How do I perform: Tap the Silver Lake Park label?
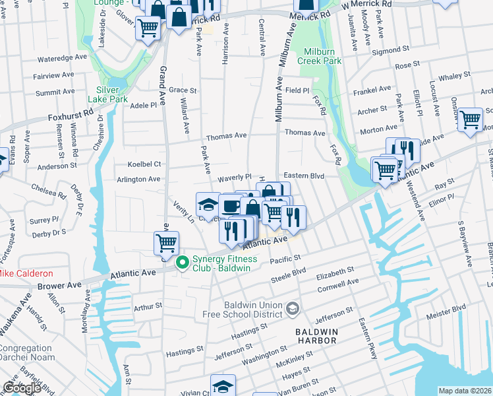[112, 94]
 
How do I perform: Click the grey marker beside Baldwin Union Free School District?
[293, 308]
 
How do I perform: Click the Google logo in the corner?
[22, 388]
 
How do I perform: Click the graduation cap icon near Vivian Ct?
[223, 386]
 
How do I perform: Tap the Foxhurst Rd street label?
[68, 117]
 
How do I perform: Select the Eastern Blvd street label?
[304, 176]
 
